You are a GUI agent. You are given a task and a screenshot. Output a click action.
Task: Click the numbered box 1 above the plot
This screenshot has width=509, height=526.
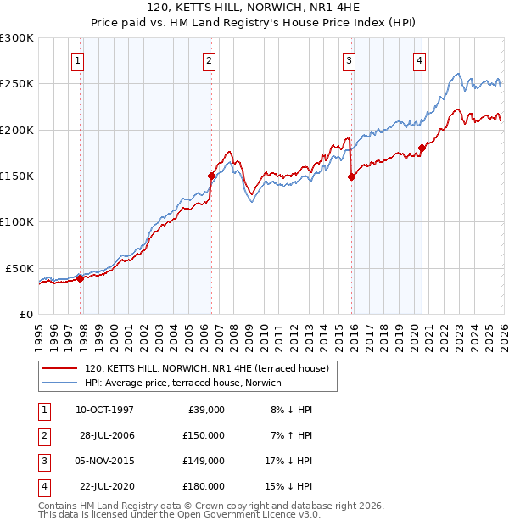77,59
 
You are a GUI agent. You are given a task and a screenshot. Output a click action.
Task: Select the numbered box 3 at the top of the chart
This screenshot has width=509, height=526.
349,59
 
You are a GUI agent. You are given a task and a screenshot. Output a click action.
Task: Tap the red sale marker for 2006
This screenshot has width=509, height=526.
211,176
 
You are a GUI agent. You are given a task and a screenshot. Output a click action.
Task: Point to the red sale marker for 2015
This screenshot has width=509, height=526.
351,176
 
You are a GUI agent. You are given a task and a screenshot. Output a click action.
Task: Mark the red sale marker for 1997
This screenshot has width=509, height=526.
81,277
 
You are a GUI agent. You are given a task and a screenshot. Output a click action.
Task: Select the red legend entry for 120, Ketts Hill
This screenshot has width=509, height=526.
211,368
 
